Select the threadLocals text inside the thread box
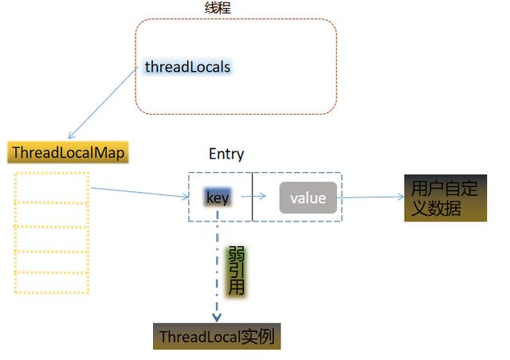point(187,67)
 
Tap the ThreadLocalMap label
point(69,153)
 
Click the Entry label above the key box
point(226,155)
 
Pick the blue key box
point(218,198)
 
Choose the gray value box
point(308,198)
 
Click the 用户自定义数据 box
point(445,198)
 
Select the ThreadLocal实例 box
point(217,336)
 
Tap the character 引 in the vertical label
point(237,271)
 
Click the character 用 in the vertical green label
point(237,288)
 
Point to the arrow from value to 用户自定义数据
point(371,197)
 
